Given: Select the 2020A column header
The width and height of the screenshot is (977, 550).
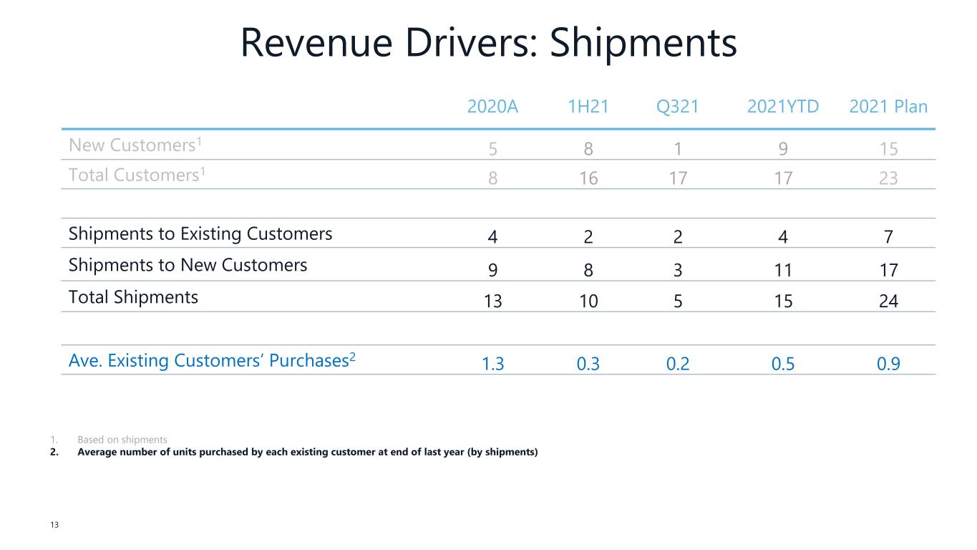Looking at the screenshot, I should pos(492,107).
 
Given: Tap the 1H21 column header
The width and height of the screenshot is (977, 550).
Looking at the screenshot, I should pos(588,107).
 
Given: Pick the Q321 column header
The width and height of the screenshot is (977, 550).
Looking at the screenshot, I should pos(677,107).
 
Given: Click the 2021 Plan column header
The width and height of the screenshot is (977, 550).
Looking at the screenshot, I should pos(888,107).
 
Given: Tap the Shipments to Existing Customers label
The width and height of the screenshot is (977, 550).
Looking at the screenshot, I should pos(200,234).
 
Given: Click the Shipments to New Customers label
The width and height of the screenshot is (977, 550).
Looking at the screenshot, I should pos(188,265).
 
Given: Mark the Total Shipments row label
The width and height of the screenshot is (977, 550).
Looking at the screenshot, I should pos(133,296).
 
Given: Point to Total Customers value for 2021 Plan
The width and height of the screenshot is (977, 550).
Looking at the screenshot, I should pos(888,178).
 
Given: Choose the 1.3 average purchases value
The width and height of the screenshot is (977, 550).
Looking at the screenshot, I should pos(492,365).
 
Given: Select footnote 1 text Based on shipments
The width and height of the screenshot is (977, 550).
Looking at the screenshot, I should pos(122,440).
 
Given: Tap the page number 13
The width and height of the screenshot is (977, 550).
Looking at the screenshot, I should pos(54,525).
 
